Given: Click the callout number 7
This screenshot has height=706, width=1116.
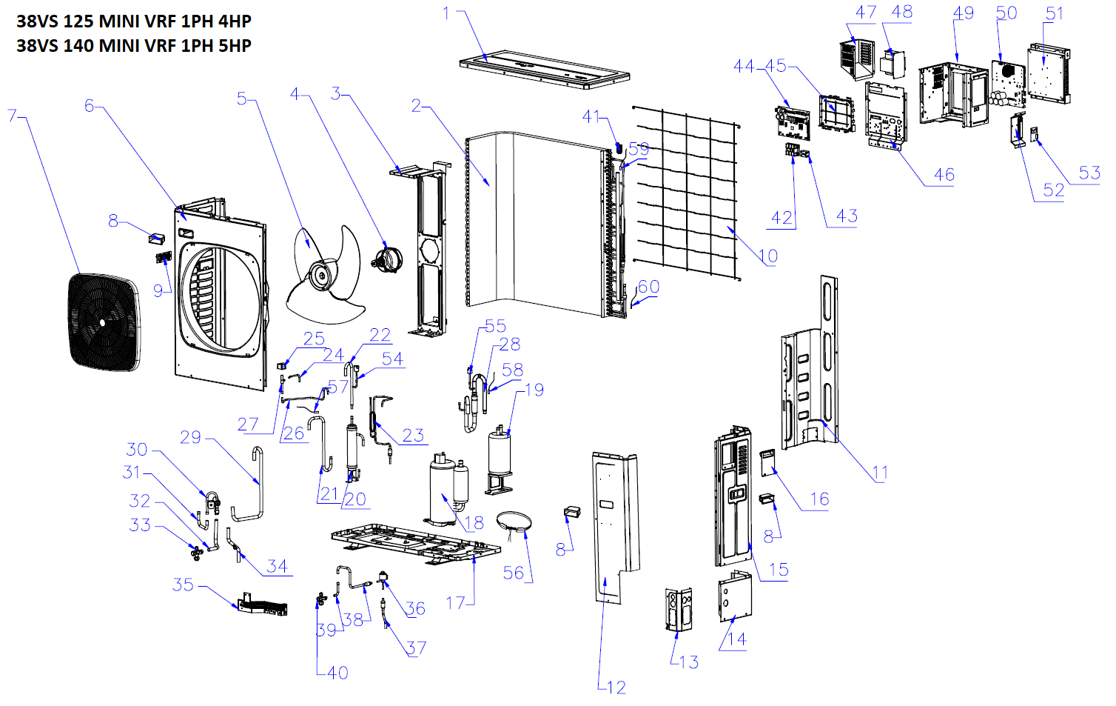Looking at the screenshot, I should click(12, 116).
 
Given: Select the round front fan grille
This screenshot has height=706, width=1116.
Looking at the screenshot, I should click(103, 322).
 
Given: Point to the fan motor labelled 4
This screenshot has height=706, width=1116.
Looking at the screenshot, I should click(386, 260).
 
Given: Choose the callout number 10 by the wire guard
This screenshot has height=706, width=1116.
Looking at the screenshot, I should click(768, 256).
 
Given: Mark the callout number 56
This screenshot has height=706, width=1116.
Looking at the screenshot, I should click(513, 573).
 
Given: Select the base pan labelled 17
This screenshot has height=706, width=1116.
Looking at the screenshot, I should click(414, 544).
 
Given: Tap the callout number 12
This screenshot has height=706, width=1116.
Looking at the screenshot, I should click(616, 687).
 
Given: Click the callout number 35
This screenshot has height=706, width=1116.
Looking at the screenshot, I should click(183, 585).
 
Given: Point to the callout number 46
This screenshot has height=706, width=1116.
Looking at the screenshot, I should click(944, 175).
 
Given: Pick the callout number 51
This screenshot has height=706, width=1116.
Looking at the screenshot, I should click(1055, 13).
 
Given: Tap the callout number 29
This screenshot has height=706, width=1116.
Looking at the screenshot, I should click(190, 437).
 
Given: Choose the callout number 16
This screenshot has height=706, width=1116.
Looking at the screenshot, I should click(819, 499).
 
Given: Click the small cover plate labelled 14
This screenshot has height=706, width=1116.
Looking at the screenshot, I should click(735, 598).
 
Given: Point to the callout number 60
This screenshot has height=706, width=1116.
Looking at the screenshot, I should click(648, 287).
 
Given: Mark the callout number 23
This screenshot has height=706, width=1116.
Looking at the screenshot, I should click(413, 435).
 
